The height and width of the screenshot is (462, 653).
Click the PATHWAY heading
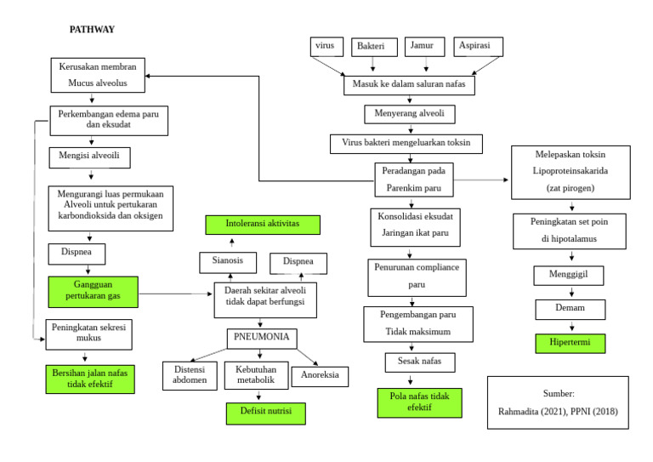point(92,30)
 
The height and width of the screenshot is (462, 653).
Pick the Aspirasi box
point(476,46)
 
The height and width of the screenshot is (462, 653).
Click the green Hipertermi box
point(570,344)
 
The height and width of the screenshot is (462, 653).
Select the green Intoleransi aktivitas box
point(263,225)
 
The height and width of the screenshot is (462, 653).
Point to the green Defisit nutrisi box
point(265,414)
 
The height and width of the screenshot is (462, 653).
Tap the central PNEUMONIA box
point(262,337)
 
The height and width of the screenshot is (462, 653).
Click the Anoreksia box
point(320,376)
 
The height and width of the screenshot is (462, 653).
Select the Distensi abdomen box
point(190,375)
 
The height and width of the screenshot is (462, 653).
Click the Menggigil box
point(570,275)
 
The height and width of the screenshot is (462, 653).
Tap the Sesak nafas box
point(413,362)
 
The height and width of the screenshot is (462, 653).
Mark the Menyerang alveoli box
point(410,113)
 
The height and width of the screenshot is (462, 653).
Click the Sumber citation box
point(559,403)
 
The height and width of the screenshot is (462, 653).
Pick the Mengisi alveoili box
point(89,157)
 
